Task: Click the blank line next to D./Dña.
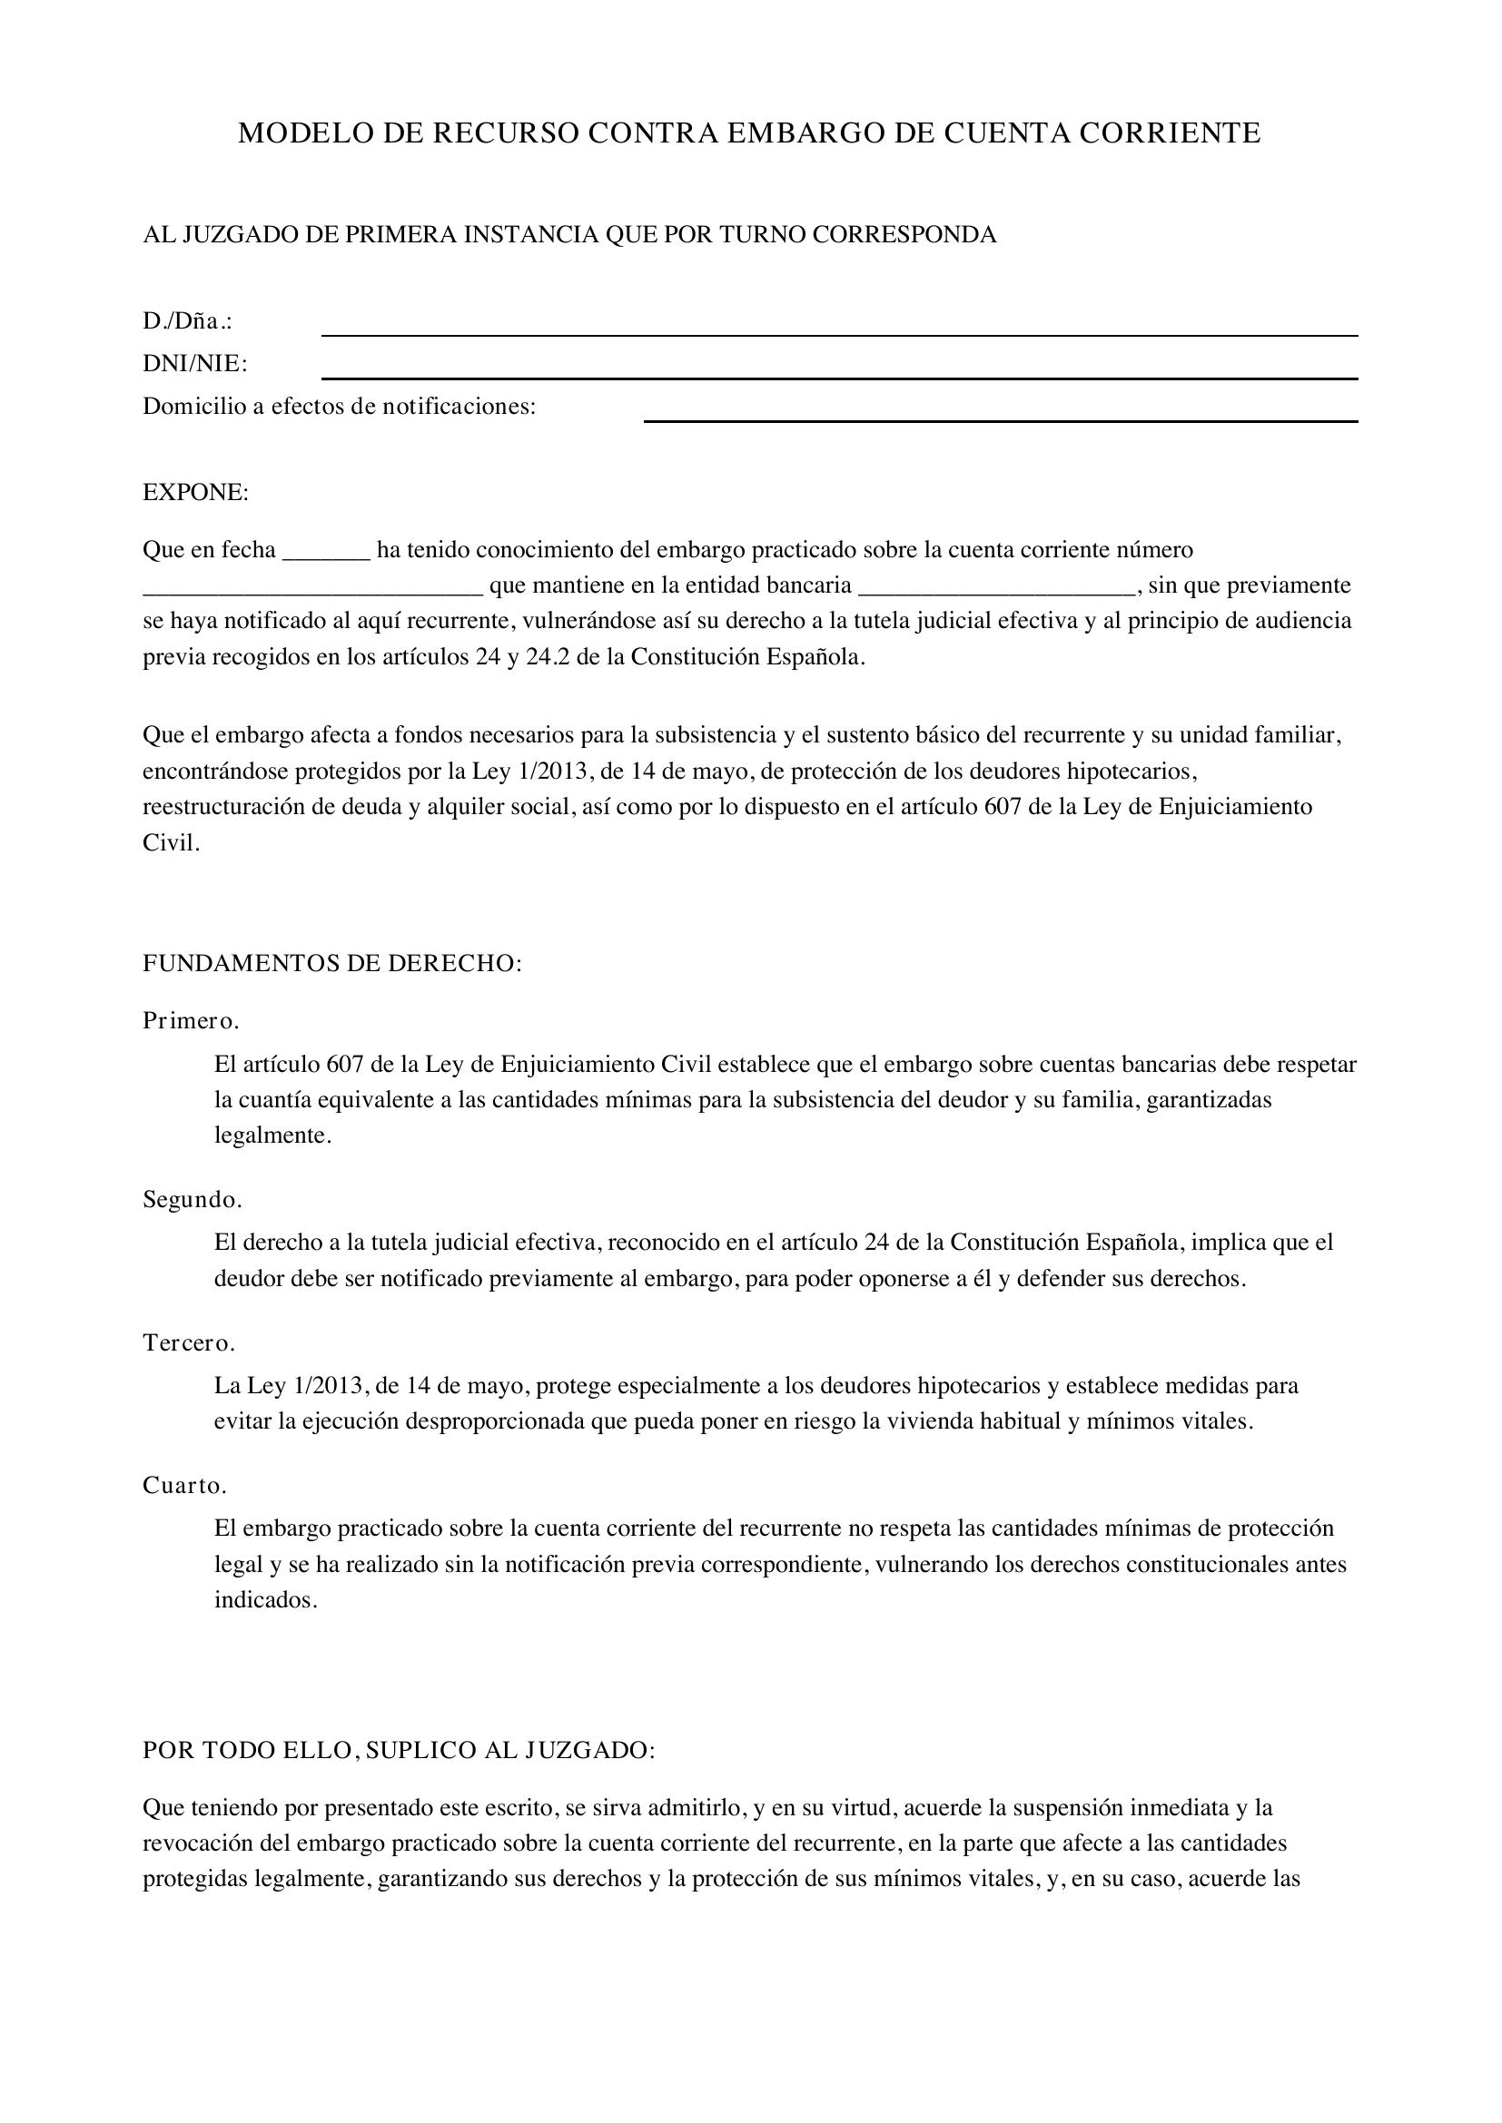[839, 334]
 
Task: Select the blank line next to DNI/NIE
[839, 377]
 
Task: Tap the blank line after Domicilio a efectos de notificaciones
[1000, 420]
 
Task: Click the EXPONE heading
[195, 493]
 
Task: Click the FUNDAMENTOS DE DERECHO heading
[332, 964]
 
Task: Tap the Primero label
[191, 1021]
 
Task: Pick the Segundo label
[192, 1200]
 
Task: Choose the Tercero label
[189, 1342]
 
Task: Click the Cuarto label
[184, 1486]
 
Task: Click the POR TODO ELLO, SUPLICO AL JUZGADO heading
[399, 1750]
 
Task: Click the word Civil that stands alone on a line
[170, 843]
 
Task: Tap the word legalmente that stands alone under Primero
[272, 1135]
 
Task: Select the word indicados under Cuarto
[265, 1600]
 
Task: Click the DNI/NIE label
[194, 363]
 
